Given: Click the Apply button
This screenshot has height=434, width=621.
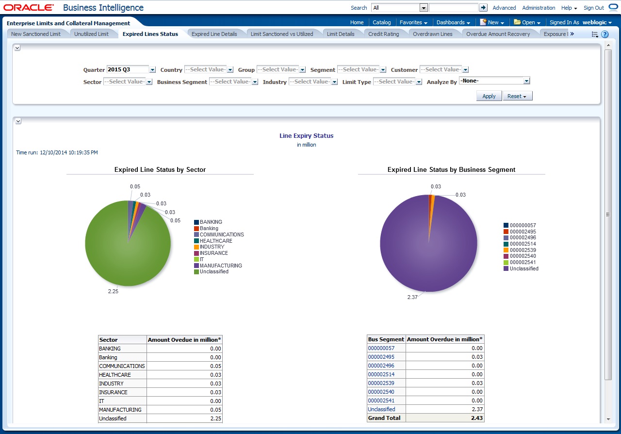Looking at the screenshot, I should [x=489, y=96].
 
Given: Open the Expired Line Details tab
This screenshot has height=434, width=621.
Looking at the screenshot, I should [x=214, y=34].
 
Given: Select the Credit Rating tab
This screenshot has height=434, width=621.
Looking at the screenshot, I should [x=383, y=34].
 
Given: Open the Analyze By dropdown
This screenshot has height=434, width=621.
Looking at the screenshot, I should [x=494, y=81].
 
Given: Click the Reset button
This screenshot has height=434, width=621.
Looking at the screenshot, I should [x=517, y=96].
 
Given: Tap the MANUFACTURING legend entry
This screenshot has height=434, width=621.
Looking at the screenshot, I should [x=220, y=266].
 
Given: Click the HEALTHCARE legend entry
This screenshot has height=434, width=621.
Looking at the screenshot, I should [x=215, y=241].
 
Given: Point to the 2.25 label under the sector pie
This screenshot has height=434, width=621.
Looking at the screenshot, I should [x=113, y=292].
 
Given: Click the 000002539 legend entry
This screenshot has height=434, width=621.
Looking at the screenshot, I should [x=523, y=250].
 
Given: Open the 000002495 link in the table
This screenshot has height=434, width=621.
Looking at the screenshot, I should [x=381, y=357].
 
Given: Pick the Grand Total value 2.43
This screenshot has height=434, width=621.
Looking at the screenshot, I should [x=477, y=418].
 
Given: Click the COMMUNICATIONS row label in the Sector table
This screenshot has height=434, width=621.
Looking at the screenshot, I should [x=122, y=366].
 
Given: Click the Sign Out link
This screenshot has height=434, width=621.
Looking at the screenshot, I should [x=593, y=8].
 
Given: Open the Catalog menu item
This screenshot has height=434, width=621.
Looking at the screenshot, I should [x=381, y=22].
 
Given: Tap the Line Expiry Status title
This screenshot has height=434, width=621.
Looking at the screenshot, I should [x=306, y=136].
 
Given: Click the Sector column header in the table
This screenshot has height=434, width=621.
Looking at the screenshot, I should [x=109, y=340].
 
